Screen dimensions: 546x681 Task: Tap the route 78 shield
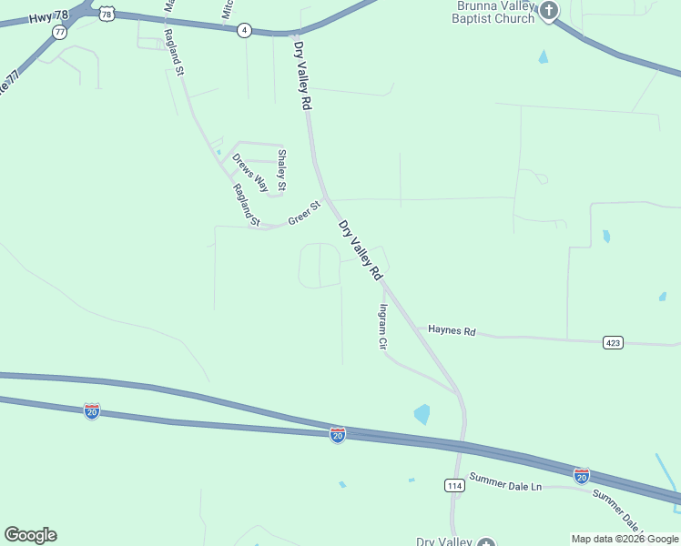pos(108,13)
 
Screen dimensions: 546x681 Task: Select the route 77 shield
pos(60,32)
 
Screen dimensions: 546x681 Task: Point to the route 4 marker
pos(244,30)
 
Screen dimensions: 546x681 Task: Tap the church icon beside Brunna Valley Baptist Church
pos(548,11)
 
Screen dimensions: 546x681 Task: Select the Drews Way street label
pos(250,172)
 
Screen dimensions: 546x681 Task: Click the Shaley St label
pos(282,170)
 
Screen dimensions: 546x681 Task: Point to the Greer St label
pos(305,214)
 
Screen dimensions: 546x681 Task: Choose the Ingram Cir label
pos(383,328)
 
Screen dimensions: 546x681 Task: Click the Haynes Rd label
pos(452,331)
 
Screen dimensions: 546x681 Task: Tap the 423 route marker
pos(613,342)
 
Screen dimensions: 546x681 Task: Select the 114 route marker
pos(455,485)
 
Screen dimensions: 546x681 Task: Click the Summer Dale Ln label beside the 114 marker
pos(505,481)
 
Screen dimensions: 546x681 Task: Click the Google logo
pos(30,535)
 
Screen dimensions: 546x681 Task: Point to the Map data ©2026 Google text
pos(625,539)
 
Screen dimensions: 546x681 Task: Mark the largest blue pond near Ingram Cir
pos(422,415)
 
